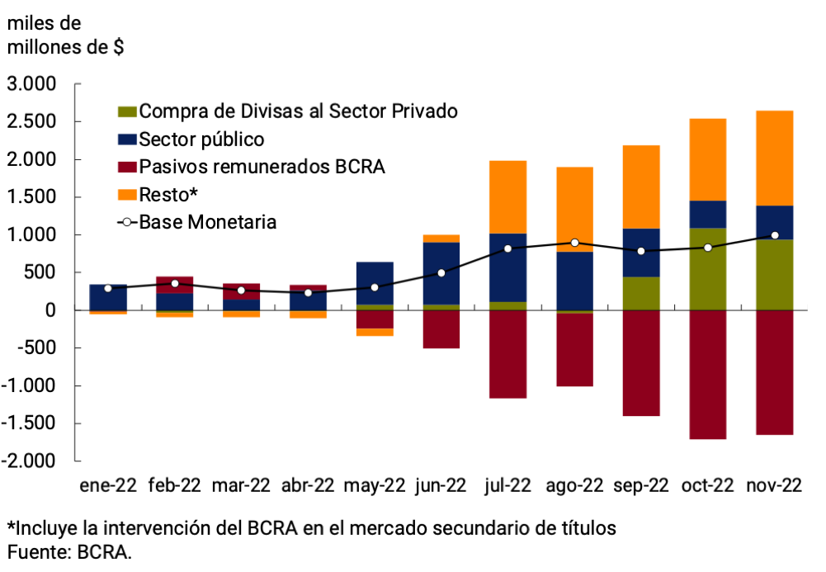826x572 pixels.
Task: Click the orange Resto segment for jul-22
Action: [x=507, y=196]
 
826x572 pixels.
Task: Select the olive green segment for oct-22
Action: [x=708, y=268]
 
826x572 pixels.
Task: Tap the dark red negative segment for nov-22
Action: [x=775, y=372]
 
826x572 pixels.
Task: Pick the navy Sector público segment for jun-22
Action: [x=441, y=273]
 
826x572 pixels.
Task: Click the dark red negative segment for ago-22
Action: [x=574, y=350]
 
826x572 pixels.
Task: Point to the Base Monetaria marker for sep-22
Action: [x=641, y=251]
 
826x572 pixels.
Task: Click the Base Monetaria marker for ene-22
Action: [x=108, y=288]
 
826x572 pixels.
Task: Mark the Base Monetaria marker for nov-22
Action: [x=775, y=235]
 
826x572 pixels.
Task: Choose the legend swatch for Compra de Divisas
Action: [x=128, y=111]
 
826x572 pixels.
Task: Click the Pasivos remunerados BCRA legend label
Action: [x=262, y=167]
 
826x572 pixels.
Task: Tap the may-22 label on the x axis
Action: [x=375, y=486]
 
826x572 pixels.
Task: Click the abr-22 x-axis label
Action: [x=308, y=486]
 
